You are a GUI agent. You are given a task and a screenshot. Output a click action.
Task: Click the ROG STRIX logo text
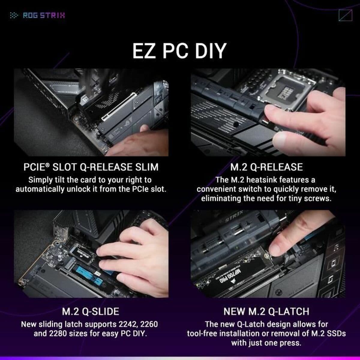point(44,15)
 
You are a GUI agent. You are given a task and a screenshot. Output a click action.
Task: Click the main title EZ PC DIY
point(179,51)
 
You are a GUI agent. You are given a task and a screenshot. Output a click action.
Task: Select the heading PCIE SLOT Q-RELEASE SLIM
point(91,167)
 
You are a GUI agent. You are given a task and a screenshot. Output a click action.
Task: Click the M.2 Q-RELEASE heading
point(266,167)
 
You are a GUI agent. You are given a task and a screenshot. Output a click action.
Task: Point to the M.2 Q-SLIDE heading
point(90,311)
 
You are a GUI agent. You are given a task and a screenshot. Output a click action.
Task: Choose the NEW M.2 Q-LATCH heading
point(266,311)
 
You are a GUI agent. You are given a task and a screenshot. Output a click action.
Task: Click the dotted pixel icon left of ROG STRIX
point(14,15)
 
